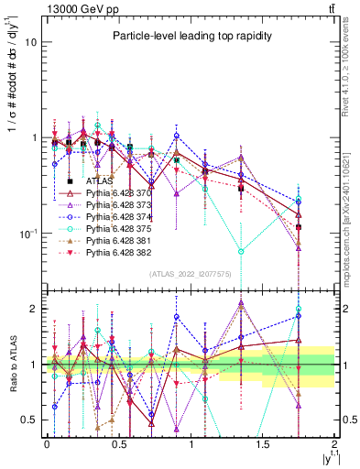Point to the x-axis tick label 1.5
263,444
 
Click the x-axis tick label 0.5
118,444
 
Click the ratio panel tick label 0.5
29,420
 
